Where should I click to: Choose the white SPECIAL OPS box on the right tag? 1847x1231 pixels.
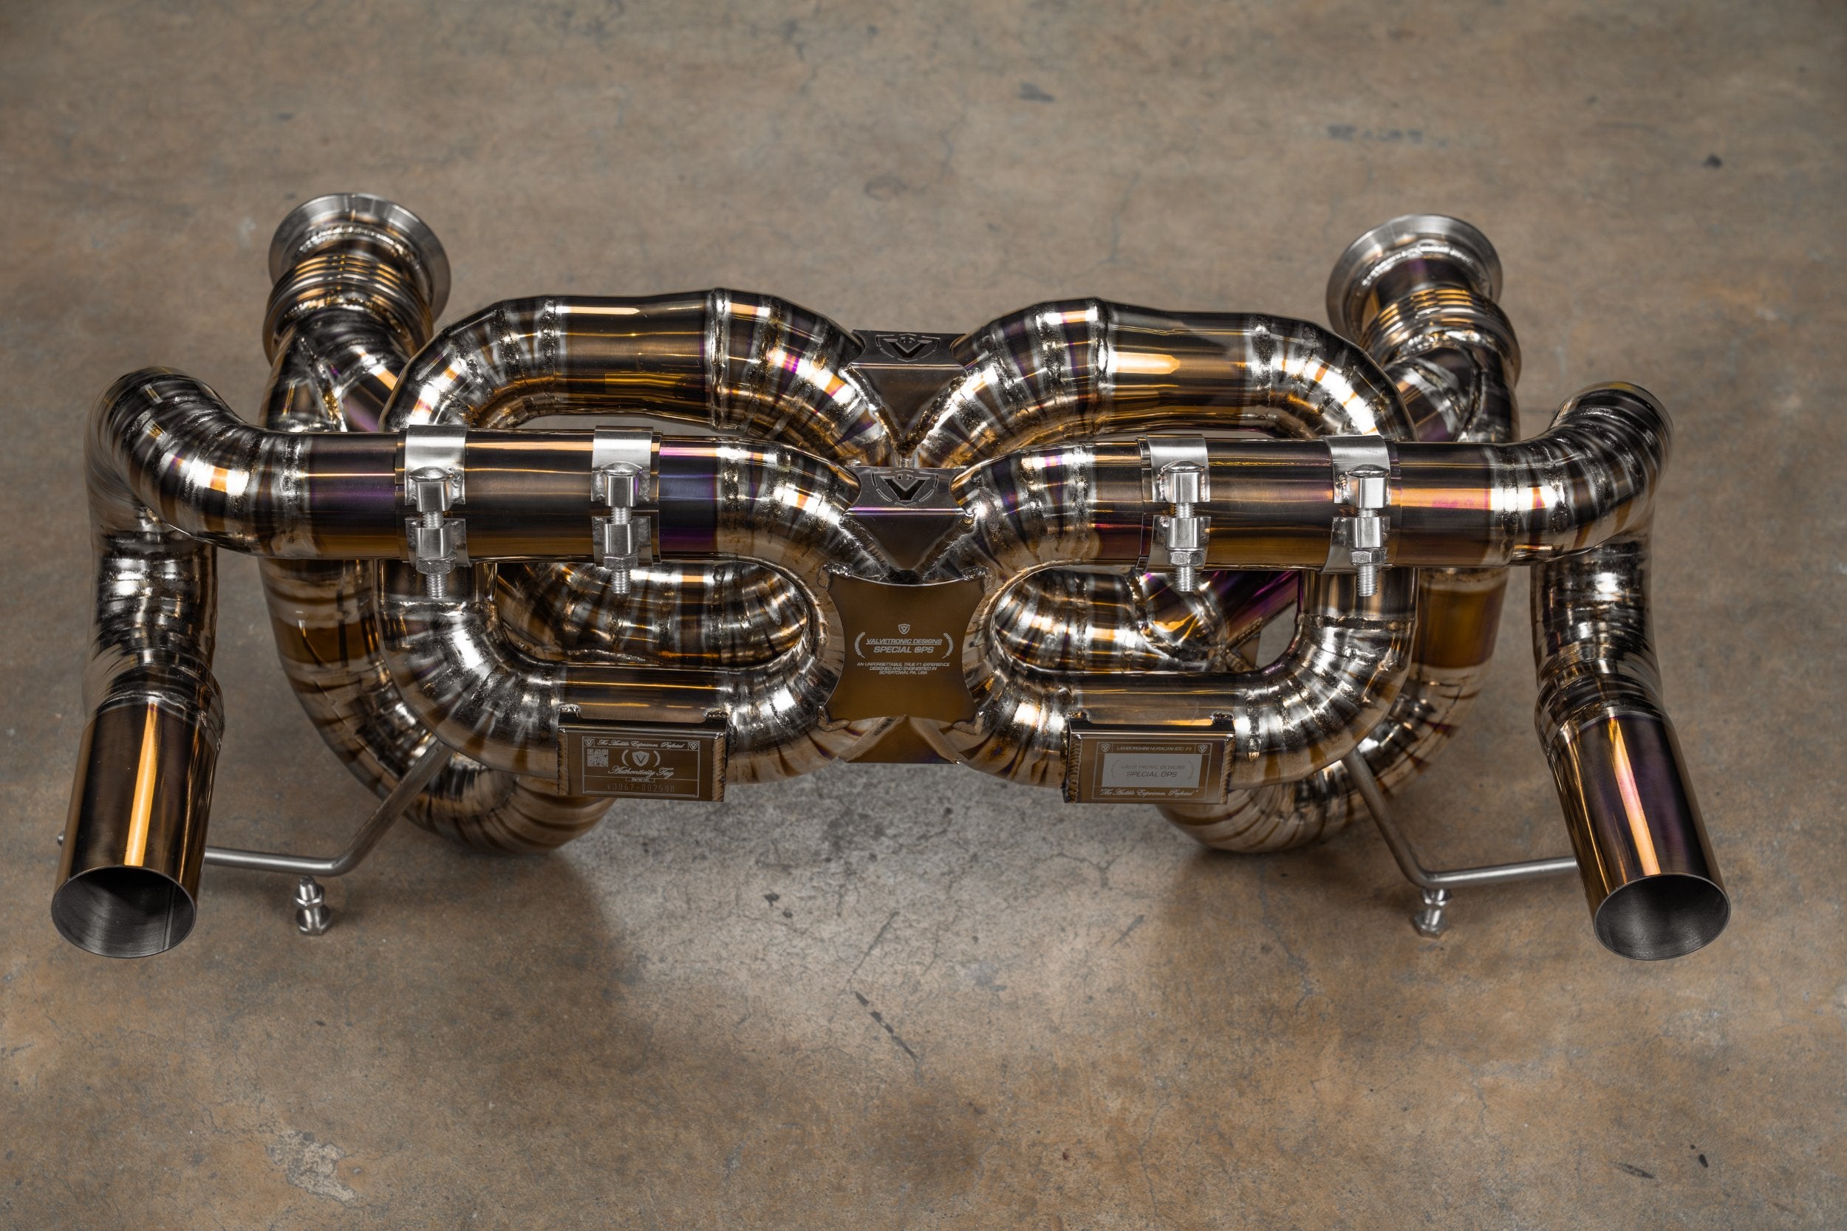(1148, 774)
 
